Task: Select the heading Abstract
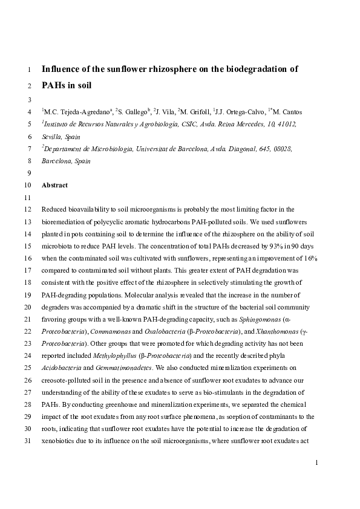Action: click(x=54, y=186)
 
